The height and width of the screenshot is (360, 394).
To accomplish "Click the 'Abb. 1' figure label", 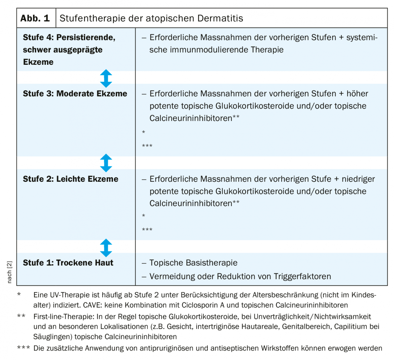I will click(36, 18).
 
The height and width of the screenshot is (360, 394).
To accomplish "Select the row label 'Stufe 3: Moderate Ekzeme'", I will click(75, 94).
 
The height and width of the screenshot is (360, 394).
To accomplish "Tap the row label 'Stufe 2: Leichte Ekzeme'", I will click(71, 179).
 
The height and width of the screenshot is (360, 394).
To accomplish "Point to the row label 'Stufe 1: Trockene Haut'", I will click(68, 263).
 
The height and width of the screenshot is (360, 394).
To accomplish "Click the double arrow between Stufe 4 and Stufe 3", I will click(106, 78).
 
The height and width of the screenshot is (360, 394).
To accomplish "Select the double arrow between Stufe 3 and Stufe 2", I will click(106, 163).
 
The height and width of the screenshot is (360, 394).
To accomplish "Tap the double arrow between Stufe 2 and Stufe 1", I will click(106, 247).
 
